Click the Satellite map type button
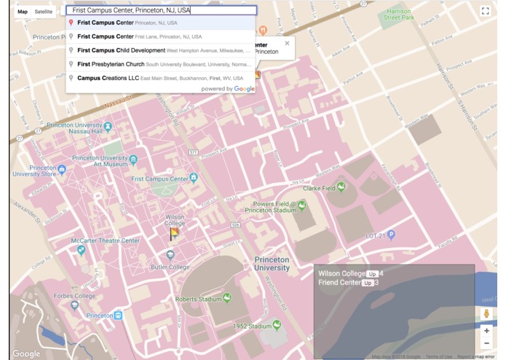coord(44,12)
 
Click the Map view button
coord(23,12)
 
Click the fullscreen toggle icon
coord(486,11)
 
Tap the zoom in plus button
coord(486,331)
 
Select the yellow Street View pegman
coord(486,313)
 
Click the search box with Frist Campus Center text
coord(161,11)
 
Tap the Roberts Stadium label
coord(198,299)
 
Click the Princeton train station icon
coord(118,316)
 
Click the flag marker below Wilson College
coord(174,234)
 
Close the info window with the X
coord(287,44)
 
